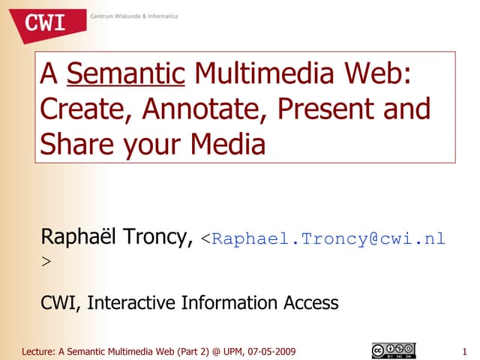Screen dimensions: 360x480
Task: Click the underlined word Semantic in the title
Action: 125,75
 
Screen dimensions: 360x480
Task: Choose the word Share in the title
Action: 73,143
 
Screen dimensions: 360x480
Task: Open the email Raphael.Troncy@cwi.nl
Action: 328,240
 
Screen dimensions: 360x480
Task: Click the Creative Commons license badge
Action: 392,350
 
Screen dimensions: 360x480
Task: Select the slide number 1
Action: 466,351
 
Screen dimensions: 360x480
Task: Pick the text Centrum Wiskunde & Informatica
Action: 134,16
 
